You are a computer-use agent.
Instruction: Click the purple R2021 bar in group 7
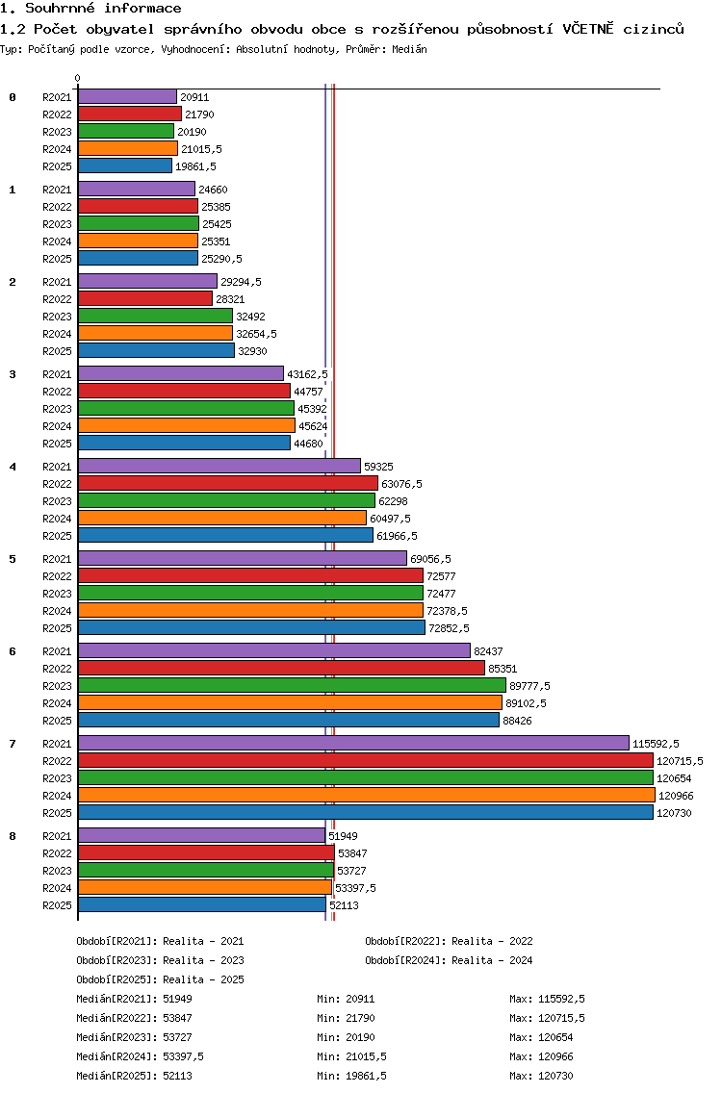[x=352, y=743]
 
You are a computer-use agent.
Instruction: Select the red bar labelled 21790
[x=129, y=114]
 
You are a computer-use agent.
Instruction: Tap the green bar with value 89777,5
[x=291, y=685]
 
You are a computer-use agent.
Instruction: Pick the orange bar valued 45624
[x=186, y=425]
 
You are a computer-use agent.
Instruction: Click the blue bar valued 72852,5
[x=250, y=627]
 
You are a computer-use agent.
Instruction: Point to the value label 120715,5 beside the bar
[x=680, y=761]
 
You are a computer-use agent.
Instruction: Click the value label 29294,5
[x=241, y=282]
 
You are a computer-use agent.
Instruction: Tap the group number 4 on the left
[x=13, y=467]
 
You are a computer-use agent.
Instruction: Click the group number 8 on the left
[x=13, y=836]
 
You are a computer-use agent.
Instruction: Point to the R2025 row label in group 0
[x=57, y=166]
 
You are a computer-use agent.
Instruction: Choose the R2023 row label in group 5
[x=57, y=594]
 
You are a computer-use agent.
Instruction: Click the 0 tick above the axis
[x=78, y=79]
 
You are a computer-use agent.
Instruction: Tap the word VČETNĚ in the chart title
[x=596, y=29]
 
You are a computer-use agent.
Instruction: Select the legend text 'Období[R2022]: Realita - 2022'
[x=449, y=941]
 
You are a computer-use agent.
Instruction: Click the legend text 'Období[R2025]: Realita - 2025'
[x=160, y=979]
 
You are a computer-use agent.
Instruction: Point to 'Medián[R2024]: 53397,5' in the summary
[x=140, y=1056]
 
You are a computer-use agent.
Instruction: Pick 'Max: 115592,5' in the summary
[x=547, y=999]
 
